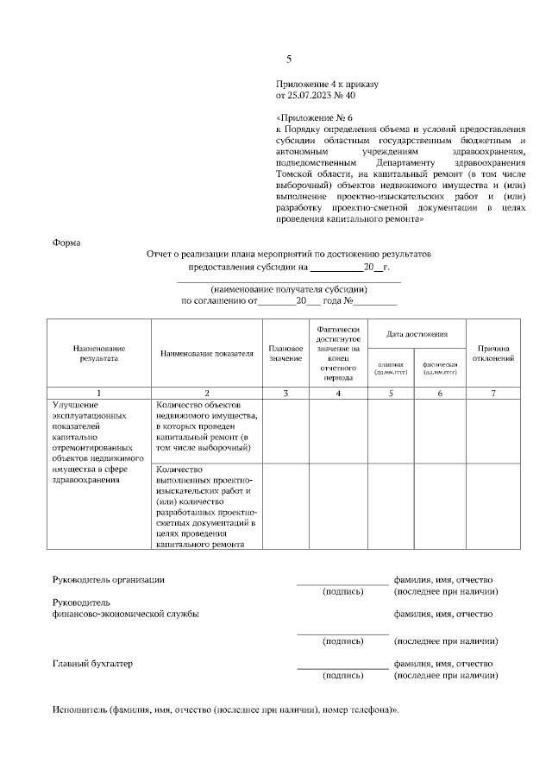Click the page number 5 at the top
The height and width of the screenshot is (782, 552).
point(289,60)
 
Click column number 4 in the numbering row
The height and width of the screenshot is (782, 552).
point(337,394)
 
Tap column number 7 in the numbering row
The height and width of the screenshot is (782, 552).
point(493,394)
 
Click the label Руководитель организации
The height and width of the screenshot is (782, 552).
point(108,580)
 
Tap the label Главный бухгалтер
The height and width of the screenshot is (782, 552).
point(92,664)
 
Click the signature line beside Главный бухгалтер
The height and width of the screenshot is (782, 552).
point(342,667)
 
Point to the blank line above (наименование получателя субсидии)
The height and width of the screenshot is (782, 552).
point(289,281)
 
